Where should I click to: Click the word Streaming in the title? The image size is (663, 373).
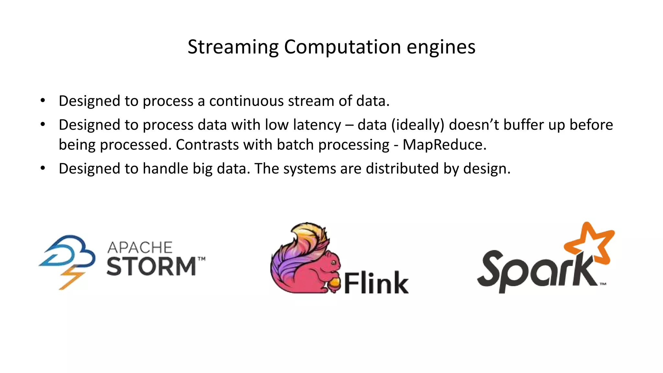pyautogui.click(x=233, y=47)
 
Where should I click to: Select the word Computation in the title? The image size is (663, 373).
pyautogui.click(x=342, y=47)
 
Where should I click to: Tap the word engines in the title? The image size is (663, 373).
pyautogui.click(x=441, y=47)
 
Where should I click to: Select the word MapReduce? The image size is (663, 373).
pyautogui.click(x=444, y=145)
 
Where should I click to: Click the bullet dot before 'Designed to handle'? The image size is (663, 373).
pyautogui.click(x=43, y=168)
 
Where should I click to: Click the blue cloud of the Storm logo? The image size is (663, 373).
pyautogui.click(x=70, y=251)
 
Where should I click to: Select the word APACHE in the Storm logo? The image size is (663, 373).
pyautogui.click(x=140, y=248)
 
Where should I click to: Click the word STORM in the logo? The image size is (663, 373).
pyautogui.click(x=151, y=267)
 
